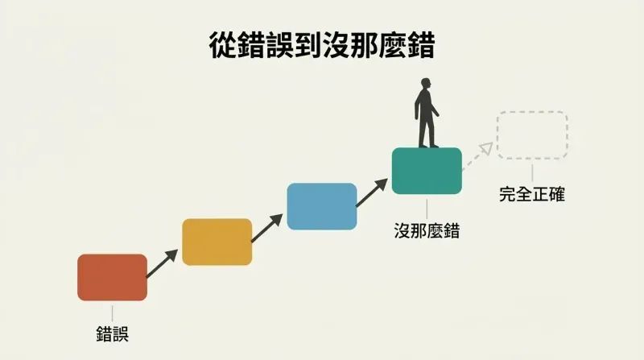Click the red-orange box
coord(112,277)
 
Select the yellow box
coord(217,242)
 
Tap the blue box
coord(321,206)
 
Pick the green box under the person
coord(427,171)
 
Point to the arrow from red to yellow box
coord(162,263)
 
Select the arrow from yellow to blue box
coord(266,228)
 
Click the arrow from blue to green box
coord(372,192)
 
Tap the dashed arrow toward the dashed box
coord(477,156)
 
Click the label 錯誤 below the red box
coord(113,333)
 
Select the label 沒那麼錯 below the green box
coord(427,230)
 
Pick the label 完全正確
coord(532,194)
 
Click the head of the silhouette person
coord(426,84)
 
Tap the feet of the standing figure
coord(428,146)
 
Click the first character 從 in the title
coord(224,45)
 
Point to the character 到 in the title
coord(308,45)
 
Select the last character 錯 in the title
coord(421,45)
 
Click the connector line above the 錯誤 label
coord(112,313)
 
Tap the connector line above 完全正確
coord(532,173)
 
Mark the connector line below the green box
coord(427,209)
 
